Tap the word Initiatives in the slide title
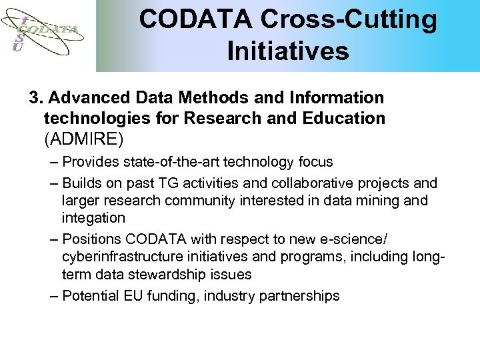288,51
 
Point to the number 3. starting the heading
35,98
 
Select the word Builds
83,183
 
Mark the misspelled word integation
93,218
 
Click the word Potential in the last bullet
89,295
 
